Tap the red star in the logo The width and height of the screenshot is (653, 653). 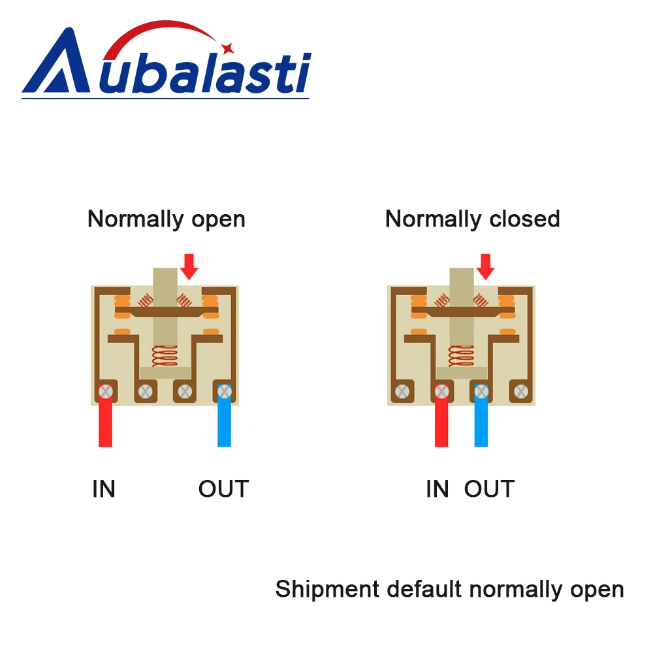click(x=227, y=48)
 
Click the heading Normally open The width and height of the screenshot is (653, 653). click(x=167, y=219)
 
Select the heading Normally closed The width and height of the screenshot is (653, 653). click(x=472, y=219)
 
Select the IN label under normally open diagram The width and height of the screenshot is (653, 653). click(x=104, y=489)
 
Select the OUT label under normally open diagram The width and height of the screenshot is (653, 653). click(x=223, y=489)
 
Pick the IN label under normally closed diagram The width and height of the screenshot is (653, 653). click(x=437, y=489)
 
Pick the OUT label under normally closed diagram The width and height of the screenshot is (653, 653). click(x=489, y=489)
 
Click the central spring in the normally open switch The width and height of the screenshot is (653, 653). click(x=165, y=356)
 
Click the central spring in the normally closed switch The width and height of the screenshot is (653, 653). click(x=461, y=356)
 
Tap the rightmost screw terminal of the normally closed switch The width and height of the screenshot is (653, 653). click(x=520, y=392)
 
